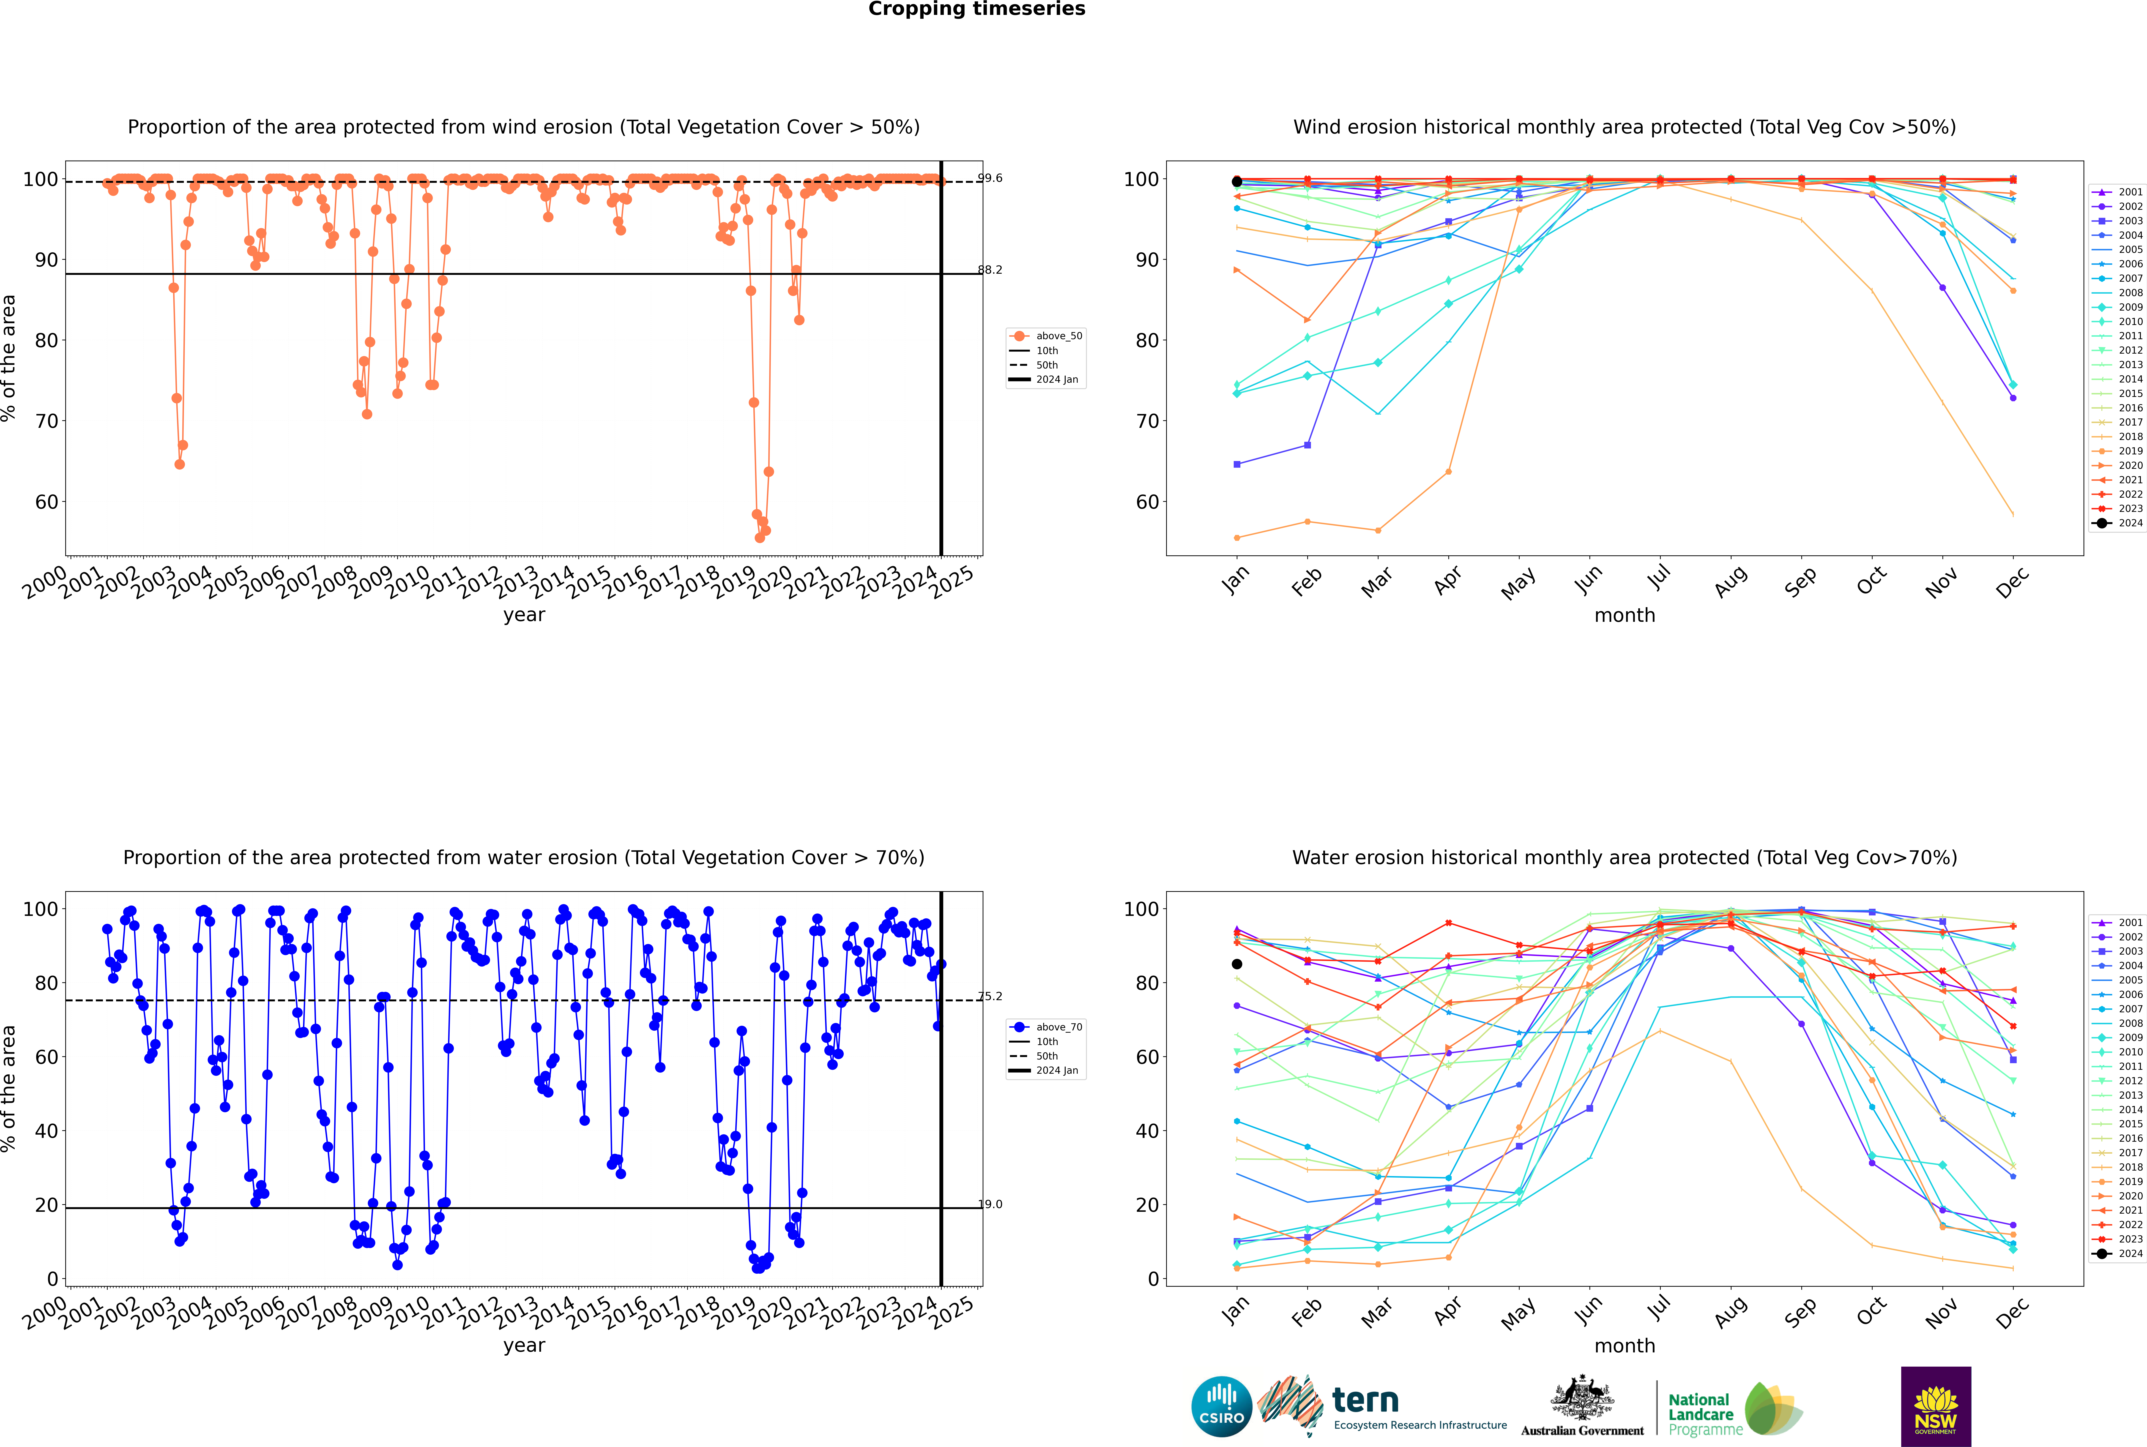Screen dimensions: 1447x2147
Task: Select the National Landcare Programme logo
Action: [1734, 1409]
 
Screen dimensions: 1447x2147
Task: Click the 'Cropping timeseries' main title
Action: [976, 9]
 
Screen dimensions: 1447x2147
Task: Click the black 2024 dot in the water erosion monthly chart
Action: [1237, 964]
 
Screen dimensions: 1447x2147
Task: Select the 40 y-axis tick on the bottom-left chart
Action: [46, 1131]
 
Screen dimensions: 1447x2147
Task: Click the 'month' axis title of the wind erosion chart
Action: [1625, 616]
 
